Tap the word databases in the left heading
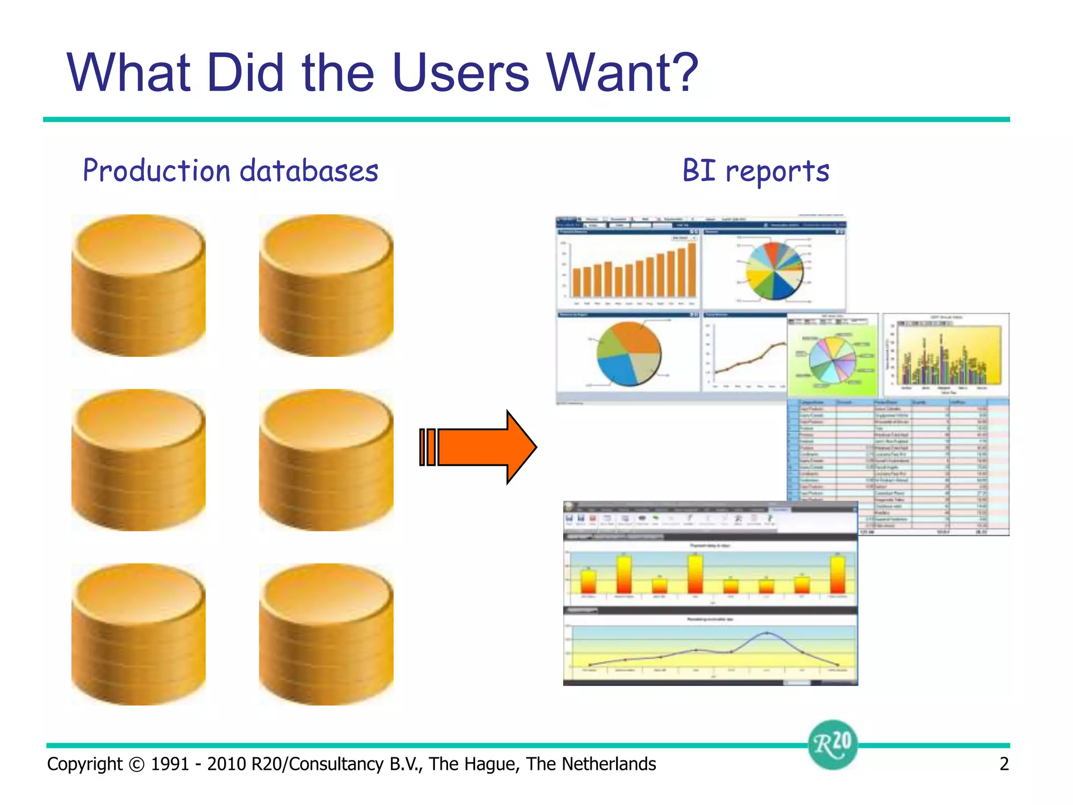click(309, 171)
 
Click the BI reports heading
click(756, 171)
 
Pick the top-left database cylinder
click(138, 285)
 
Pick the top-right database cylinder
click(326, 285)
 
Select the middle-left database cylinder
click(138, 460)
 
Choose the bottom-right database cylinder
click(326, 634)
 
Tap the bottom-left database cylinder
click(138, 634)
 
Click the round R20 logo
click(832, 744)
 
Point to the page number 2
click(1004, 764)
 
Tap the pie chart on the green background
click(833, 360)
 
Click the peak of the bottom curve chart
click(767, 633)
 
